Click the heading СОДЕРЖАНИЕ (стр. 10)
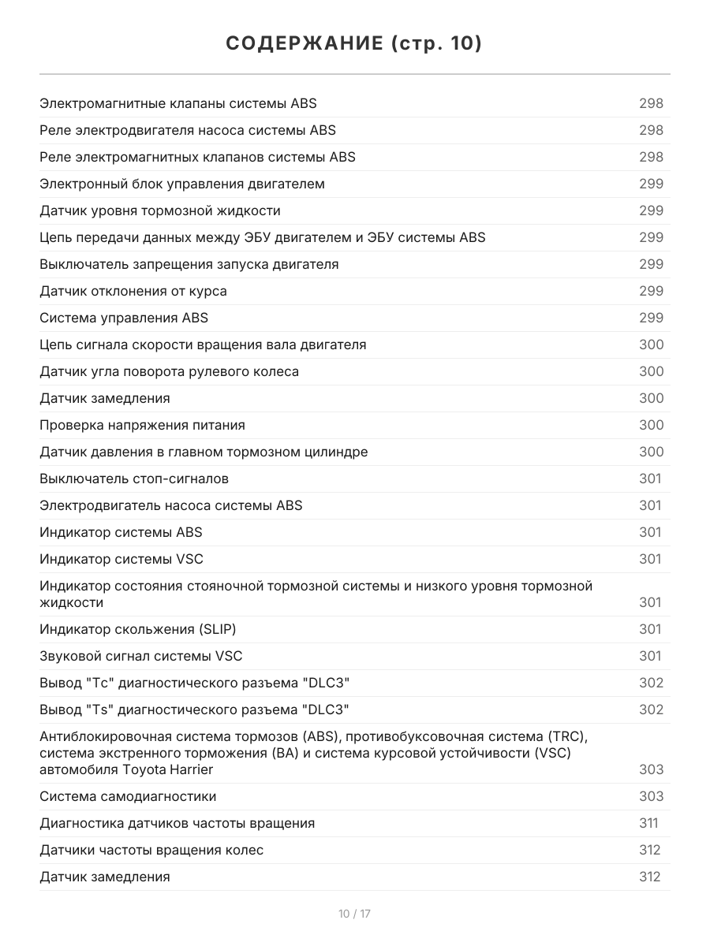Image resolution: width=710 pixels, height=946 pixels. click(354, 43)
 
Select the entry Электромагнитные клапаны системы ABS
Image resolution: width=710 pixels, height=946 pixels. click(178, 103)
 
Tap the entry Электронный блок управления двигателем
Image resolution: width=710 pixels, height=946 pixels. click(182, 184)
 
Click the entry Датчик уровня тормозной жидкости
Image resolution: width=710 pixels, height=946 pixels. click(160, 210)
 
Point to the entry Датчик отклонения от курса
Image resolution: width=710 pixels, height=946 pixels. click(133, 291)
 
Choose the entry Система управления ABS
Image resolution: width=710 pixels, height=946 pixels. click(124, 318)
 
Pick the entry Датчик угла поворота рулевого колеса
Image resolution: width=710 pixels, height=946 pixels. click(170, 371)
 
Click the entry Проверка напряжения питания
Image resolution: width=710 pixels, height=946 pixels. click(143, 425)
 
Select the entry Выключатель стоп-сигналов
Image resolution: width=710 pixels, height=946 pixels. click(134, 479)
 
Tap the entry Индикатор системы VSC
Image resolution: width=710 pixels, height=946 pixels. click(121, 559)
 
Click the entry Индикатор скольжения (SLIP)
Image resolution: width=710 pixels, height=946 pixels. click(138, 629)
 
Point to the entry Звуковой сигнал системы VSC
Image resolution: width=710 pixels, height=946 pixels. click(141, 656)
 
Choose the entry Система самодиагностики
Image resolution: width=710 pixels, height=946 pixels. click(128, 796)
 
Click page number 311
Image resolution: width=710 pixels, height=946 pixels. click(648, 823)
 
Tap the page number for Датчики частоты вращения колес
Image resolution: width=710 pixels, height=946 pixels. click(650, 850)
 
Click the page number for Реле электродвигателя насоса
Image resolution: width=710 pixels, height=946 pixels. click(651, 130)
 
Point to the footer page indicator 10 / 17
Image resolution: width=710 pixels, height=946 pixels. click(354, 914)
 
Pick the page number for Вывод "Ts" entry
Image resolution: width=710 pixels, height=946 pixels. click(651, 709)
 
